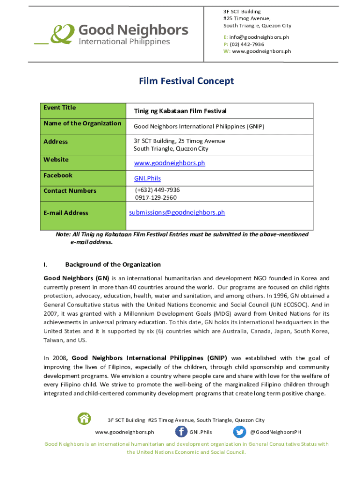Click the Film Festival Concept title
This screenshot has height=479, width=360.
click(x=186, y=81)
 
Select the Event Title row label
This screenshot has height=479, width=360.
click(x=59, y=108)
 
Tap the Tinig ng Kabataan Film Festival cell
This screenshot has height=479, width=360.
click(x=180, y=111)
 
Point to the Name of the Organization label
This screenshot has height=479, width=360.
click(x=82, y=123)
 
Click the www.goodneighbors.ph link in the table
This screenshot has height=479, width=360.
click(x=169, y=163)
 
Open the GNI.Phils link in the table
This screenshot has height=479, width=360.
click(x=147, y=178)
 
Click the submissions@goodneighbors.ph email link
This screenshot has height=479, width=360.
click(x=177, y=212)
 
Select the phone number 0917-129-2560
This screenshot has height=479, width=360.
click(x=156, y=197)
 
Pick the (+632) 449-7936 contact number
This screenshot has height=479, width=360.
click(x=157, y=190)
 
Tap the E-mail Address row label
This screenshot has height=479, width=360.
click(x=65, y=213)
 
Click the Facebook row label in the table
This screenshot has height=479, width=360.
click(x=58, y=175)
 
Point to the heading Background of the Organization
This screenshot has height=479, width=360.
click(x=113, y=264)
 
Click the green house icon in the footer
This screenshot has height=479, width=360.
click(x=84, y=418)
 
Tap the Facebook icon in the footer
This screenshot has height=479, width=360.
click(x=181, y=432)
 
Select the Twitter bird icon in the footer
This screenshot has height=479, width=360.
click(x=239, y=432)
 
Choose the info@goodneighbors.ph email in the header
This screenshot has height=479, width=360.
click(x=259, y=37)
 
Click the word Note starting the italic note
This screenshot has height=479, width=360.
click(x=63, y=234)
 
